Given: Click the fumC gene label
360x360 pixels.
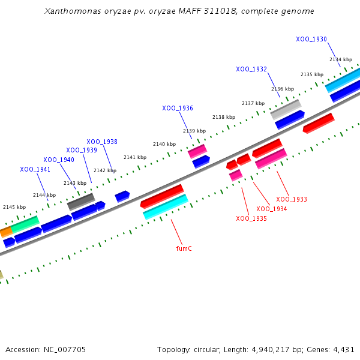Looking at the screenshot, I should point(184,248).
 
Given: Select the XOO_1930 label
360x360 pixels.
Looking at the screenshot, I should point(311,40).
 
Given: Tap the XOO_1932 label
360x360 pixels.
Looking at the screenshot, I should point(251,70).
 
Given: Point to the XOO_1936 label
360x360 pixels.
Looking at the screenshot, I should point(178,109).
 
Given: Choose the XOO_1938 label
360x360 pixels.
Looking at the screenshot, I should point(102,142).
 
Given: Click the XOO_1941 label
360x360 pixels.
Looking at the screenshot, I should point(35,170).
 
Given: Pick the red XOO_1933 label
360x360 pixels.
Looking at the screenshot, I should point(292,199).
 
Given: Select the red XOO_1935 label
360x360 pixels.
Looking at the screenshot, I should point(251,219).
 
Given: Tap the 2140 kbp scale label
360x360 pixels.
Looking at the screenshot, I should point(164,145).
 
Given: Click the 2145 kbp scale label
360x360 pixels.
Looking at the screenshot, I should point(14,207).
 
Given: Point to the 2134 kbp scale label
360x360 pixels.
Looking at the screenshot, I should point(341,59).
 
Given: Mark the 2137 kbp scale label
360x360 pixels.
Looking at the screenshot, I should point(253,103).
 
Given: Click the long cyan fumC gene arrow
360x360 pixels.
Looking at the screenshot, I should point(166,206).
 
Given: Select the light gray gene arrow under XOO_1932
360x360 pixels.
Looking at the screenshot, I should point(286,109).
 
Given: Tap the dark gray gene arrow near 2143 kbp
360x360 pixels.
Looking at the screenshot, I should point(81,202).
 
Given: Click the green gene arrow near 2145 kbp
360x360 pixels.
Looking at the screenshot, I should point(25,224).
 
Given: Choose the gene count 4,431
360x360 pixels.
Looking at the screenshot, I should point(343,349).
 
